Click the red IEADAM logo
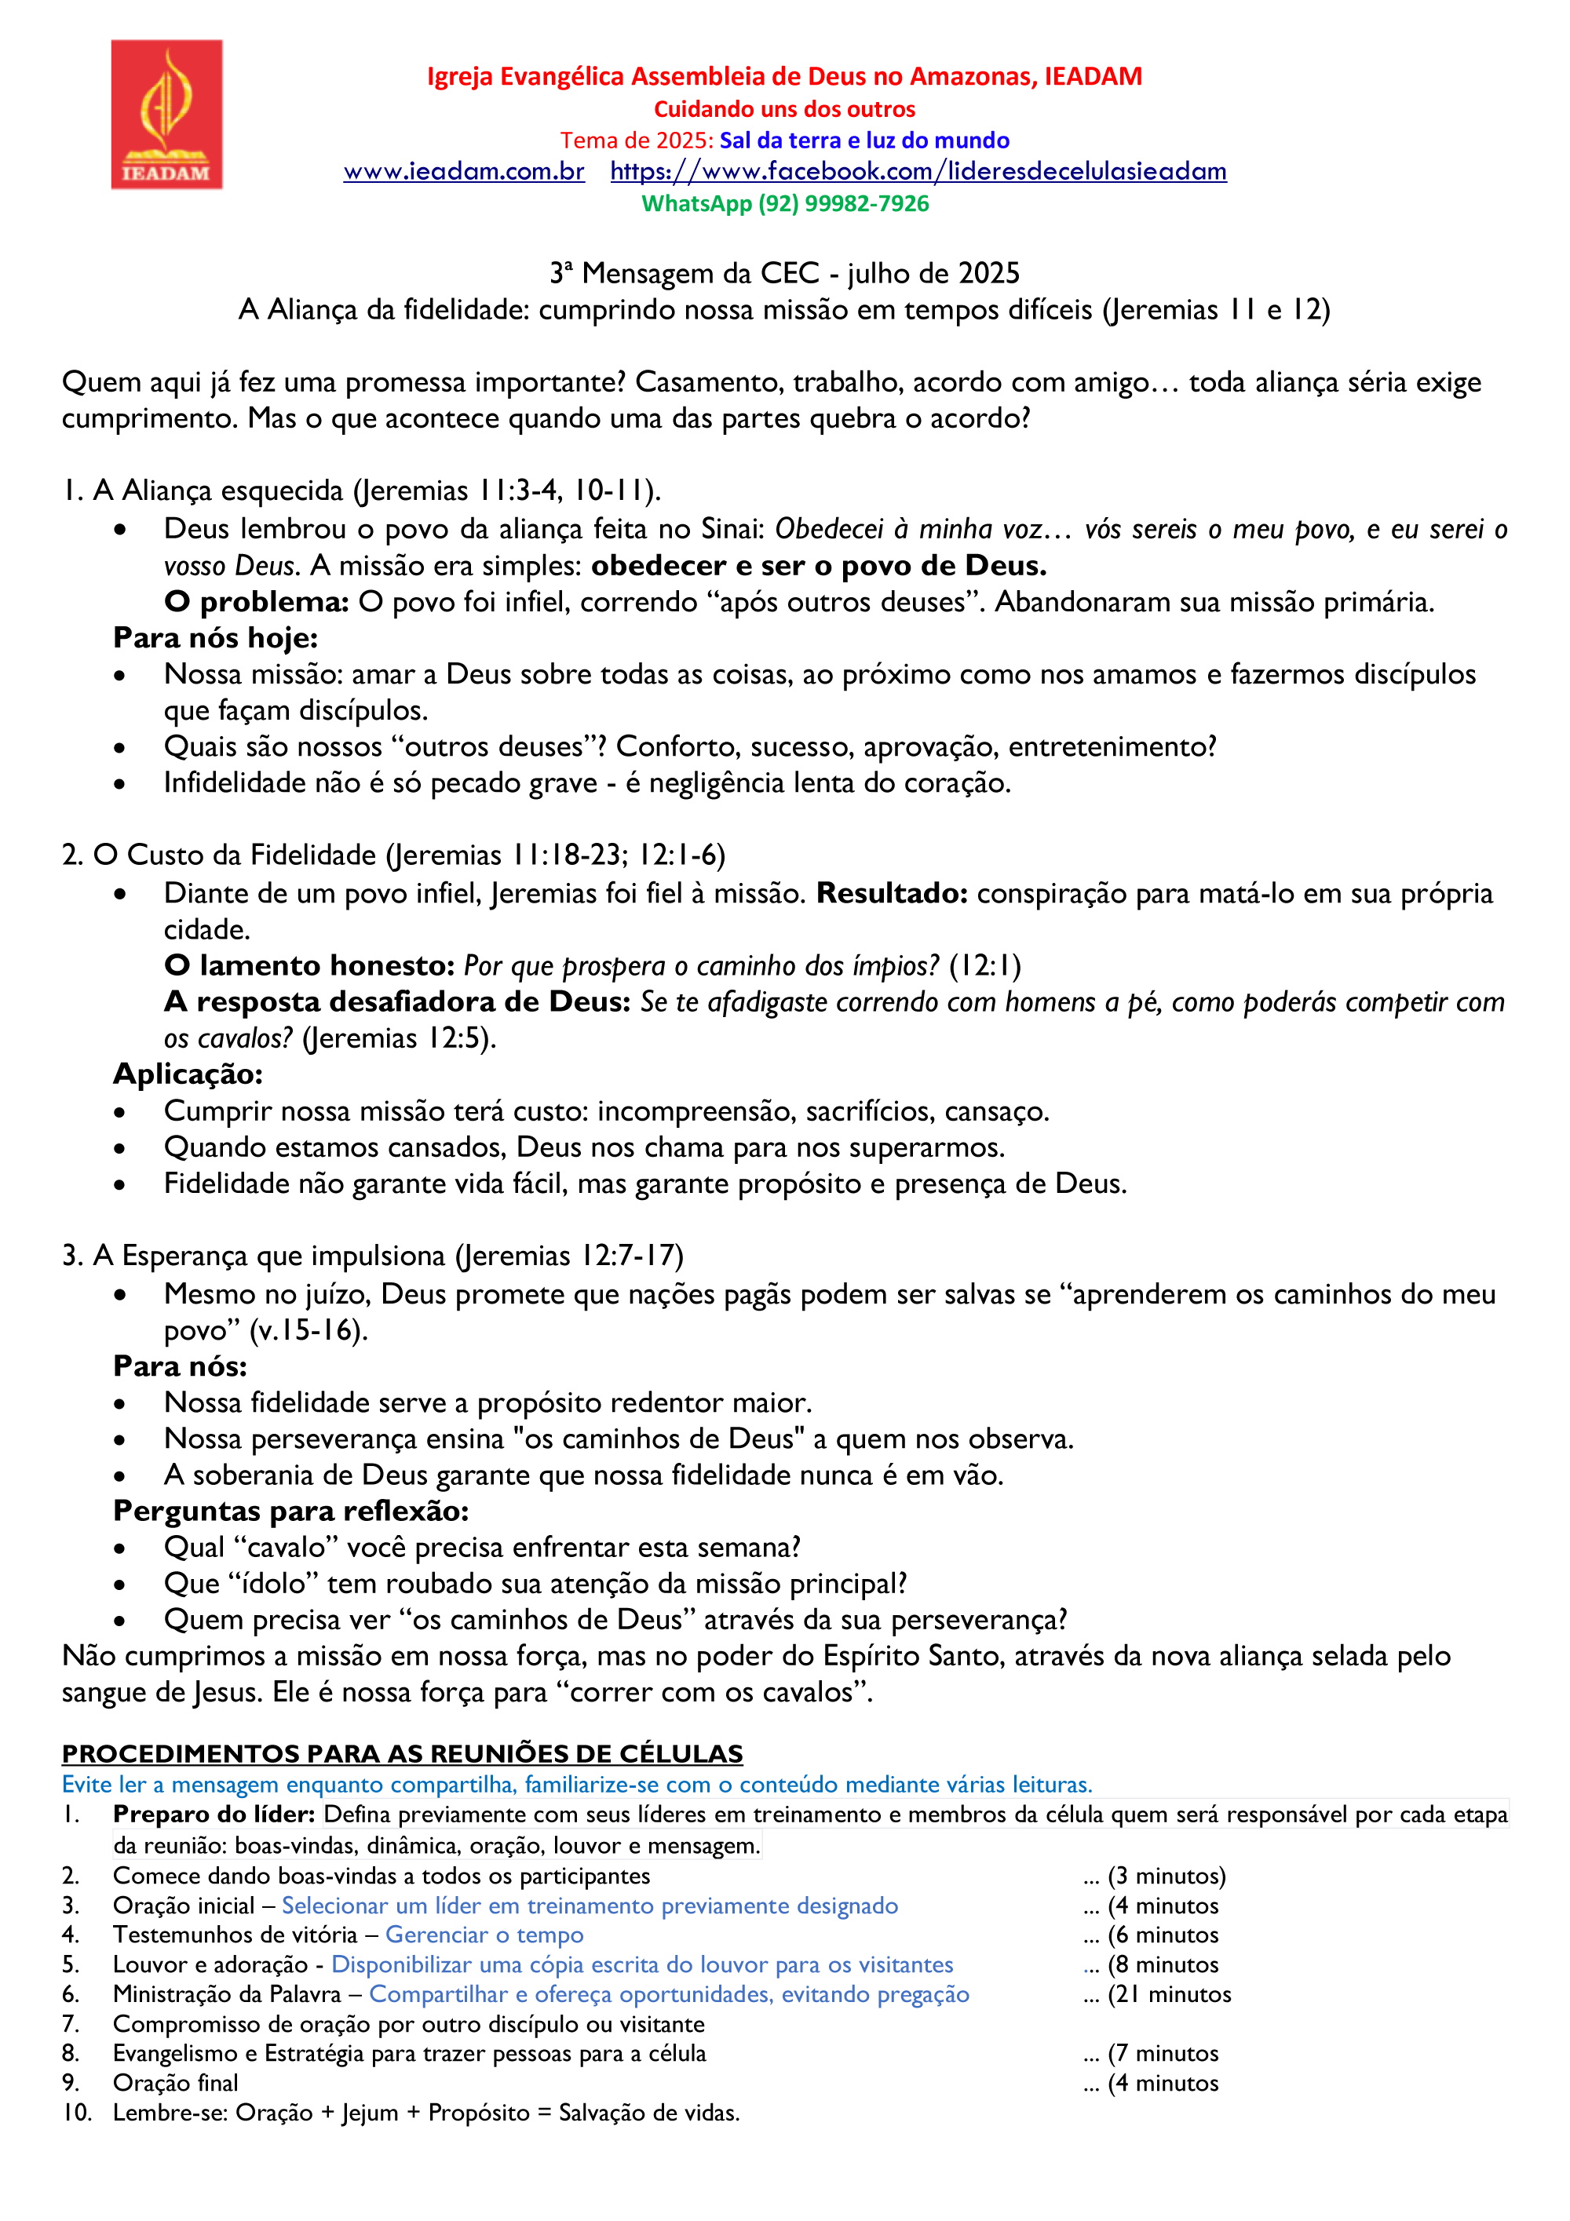click(x=166, y=114)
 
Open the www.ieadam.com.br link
click(x=463, y=172)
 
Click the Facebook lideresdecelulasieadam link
click(x=918, y=172)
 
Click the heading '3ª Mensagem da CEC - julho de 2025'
click(x=784, y=274)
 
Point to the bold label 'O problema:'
click(x=257, y=602)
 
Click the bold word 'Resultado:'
click(x=892, y=893)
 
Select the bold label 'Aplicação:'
click(x=188, y=1074)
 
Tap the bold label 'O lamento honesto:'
click(x=309, y=965)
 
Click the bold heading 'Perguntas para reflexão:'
click(x=291, y=1511)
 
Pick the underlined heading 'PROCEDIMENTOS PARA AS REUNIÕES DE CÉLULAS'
click(x=403, y=1754)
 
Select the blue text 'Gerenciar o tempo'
click(x=484, y=1935)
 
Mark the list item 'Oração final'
click(x=175, y=2083)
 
